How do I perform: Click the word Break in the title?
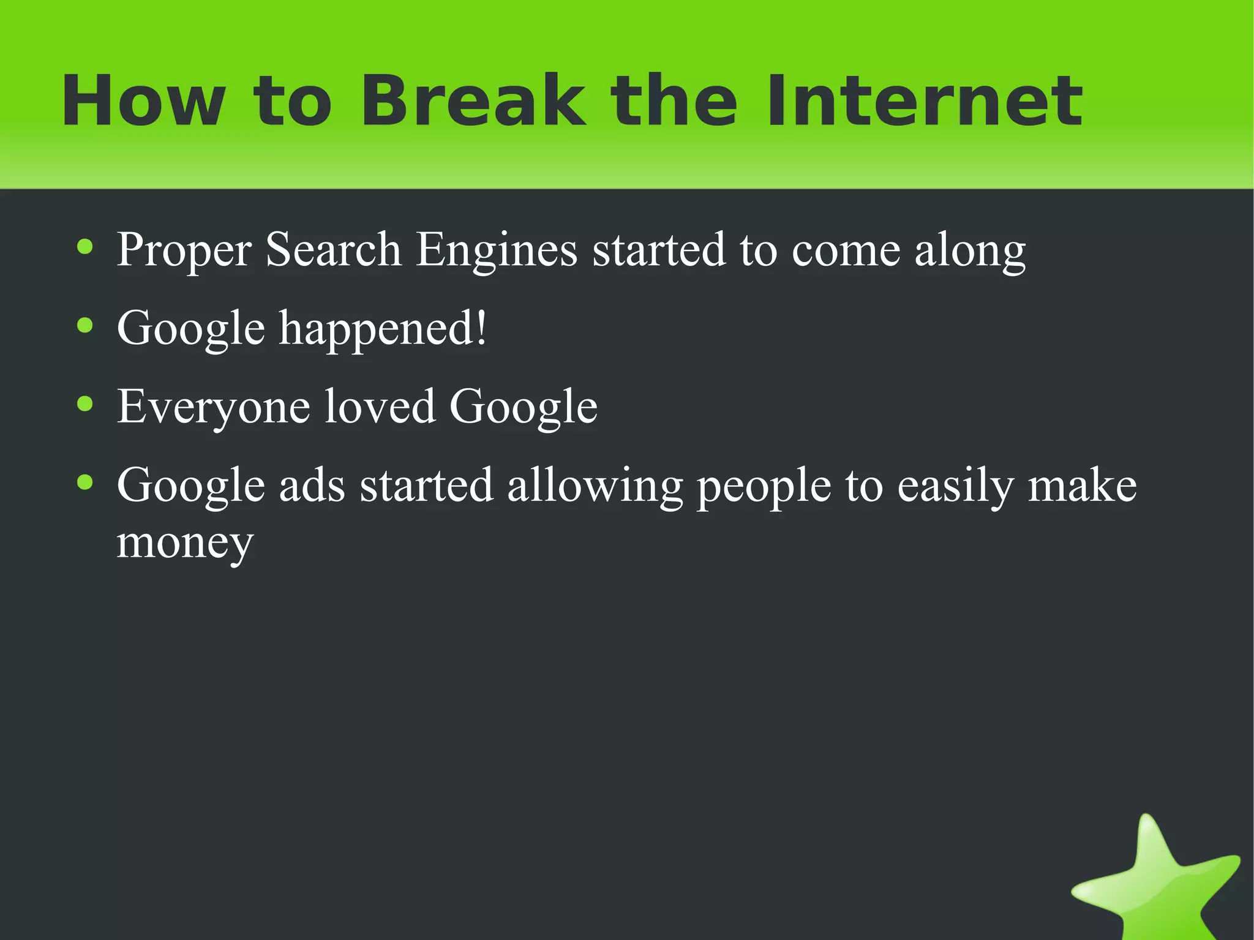click(472, 101)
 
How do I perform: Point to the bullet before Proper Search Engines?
click(85, 248)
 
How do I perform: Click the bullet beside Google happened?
click(85, 326)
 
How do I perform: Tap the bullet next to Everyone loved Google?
click(85, 405)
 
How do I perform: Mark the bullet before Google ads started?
click(85, 483)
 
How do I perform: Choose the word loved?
click(380, 407)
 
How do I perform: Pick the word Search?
click(333, 250)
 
